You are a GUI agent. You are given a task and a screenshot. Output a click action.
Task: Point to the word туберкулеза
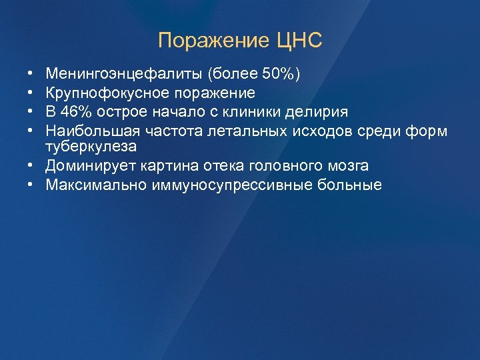pyautogui.click(x=90, y=145)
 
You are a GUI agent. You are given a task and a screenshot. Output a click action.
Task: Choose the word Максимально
pyautogui.click(x=91, y=185)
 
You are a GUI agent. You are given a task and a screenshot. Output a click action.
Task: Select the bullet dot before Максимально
pyautogui.click(x=31, y=185)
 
